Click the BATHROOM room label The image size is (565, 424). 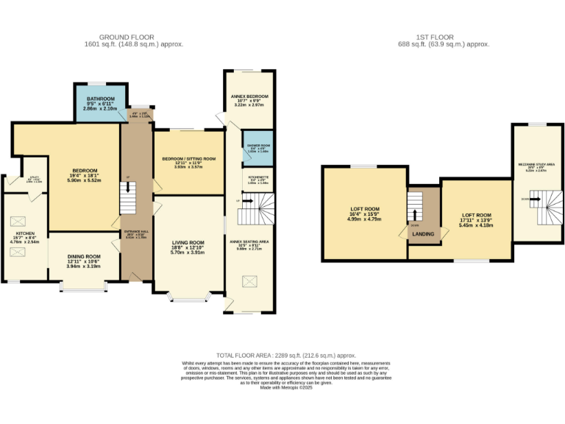100,99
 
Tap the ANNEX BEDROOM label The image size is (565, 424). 251,96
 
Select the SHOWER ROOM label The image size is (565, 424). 257,146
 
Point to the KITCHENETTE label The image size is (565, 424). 257,177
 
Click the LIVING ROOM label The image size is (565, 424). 188,242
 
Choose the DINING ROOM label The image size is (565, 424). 83,256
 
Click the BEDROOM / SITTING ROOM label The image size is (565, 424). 188,158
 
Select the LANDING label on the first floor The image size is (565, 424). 423,234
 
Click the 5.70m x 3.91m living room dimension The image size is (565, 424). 188,252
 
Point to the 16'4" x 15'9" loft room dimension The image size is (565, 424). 363,213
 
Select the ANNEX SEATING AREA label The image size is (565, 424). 249,241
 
